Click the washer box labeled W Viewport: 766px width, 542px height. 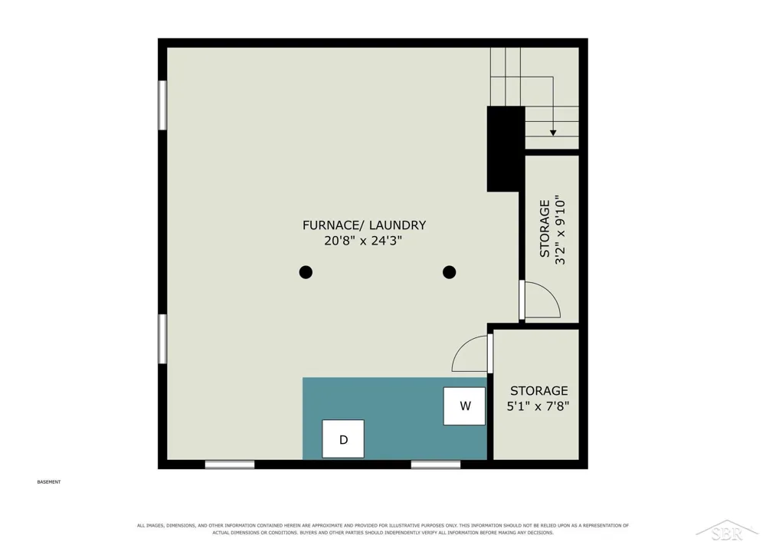coord(464,406)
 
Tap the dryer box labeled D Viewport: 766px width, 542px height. coord(343,439)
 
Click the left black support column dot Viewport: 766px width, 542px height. coord(306,272)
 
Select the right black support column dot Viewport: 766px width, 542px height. coord(450,272)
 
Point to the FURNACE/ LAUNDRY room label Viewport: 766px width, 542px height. coord(364,225)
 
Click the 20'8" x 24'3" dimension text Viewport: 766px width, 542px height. coord(363,241)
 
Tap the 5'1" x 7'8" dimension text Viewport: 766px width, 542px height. coord(538,406)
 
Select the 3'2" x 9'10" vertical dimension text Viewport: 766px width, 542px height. coord(560,230)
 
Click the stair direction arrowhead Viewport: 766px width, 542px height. coord(553,133)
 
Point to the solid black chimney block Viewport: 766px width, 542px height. coord(505,149)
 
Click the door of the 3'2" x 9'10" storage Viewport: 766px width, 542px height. coord(522,300)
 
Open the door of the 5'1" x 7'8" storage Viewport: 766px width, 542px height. coord(490,354)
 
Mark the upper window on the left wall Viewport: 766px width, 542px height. coord(162,105)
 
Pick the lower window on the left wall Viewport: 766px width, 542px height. coord(162,339)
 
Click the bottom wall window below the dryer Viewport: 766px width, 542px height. coord(230,465)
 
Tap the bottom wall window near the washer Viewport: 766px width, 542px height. coord(436,465)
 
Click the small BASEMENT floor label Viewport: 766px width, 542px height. coord(49,482)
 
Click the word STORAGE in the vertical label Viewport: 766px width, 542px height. coord(545,228)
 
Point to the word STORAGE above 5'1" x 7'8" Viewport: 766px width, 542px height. coord(538,390)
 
